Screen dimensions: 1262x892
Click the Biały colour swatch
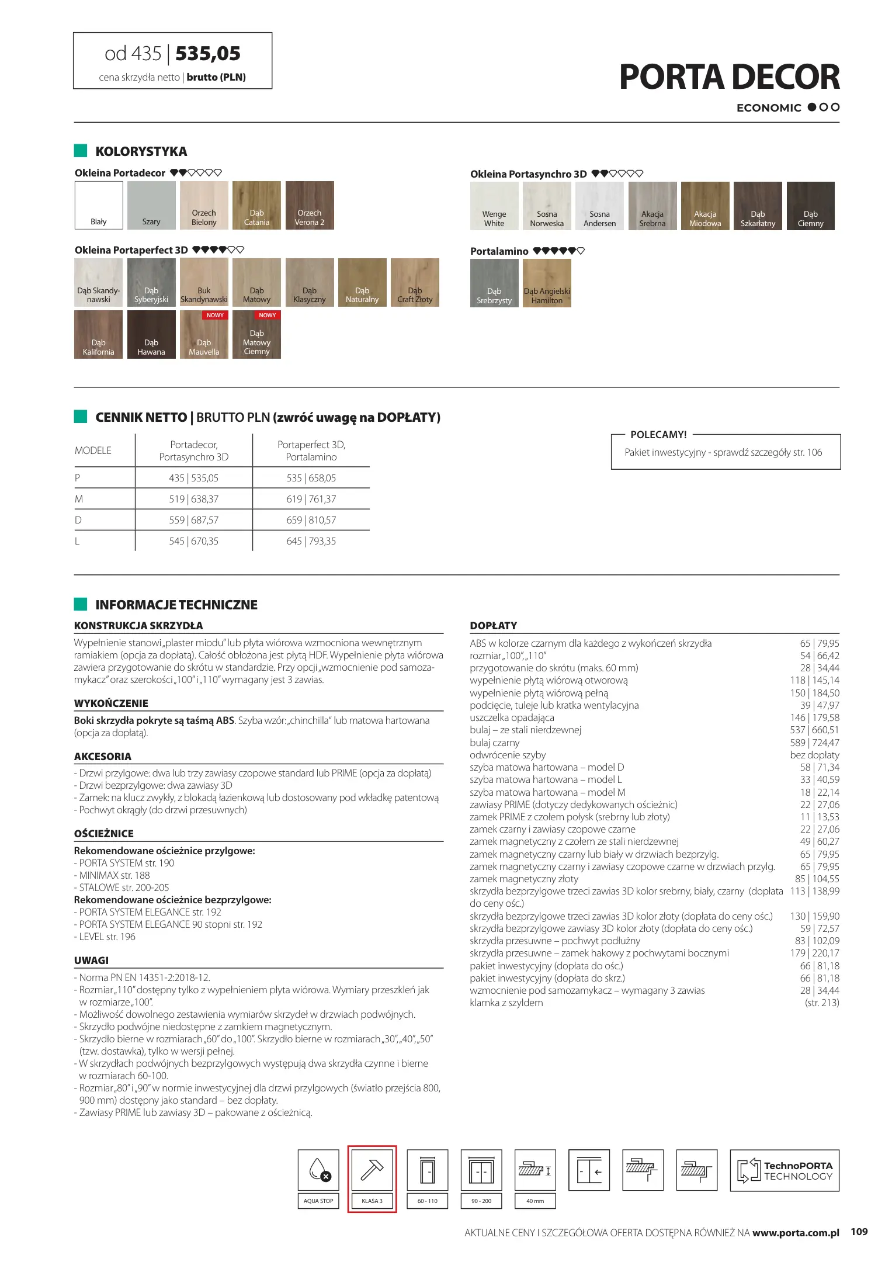(x=99, y=205)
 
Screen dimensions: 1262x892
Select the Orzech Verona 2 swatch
(x=310, y=205)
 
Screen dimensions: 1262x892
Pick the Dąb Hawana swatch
(x=151, y=334)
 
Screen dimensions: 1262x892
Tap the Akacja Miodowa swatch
(x=705, y=206)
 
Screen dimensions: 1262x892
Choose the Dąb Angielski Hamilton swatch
(x=547, y=283)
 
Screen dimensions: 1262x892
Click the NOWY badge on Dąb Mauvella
(x=215, y=315)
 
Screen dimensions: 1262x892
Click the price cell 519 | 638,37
(x=194, y=499)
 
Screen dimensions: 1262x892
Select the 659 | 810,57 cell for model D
(x=311, y=520)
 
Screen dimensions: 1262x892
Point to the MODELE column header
(x=93, y=450)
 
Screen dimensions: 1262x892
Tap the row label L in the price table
(x=77, y=541)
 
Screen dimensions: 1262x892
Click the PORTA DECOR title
(x=729, y=77)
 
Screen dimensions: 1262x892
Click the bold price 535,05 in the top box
(x=208, y=54)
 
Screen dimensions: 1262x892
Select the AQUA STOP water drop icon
(x=318, y=1170)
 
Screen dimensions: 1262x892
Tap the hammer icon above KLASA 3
(x=372, y=1170)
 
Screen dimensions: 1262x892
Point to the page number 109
(x=859, y=1232)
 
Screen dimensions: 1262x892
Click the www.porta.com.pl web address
(x=796, y=1233)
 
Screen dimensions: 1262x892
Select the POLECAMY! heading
(x=658, y=435)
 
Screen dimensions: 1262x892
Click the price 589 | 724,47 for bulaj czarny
(x=814, y=743)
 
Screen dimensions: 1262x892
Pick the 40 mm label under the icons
(x=535, y=1201)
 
